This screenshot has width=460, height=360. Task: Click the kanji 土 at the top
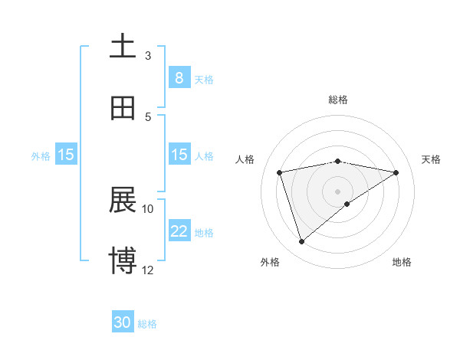coord(123,46)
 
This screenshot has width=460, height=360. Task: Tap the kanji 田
coord(123,108)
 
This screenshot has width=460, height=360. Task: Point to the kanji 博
coord(123,261)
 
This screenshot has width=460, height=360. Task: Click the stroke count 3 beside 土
coord(148,55)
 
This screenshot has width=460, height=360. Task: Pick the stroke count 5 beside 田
coord(148,116)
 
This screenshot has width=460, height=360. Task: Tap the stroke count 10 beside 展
coord(148,208)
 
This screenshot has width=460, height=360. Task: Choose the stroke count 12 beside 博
coord(148,270)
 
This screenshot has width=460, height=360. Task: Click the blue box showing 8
coord(179,78)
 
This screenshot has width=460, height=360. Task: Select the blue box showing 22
coord(179,231)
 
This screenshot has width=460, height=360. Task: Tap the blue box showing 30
coord(123,323)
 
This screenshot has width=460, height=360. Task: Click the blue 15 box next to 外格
coord(66,155)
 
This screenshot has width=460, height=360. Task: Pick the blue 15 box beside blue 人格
coord(179,155)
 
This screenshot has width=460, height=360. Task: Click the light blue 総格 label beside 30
coord(147,324)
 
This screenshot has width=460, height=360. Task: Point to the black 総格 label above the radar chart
coord(338,100)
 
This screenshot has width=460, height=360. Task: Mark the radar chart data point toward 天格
coord(396,172)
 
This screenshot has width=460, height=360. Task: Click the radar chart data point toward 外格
coord(301,242)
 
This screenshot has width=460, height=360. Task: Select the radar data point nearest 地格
coord(347,203)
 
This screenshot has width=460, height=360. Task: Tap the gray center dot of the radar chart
coord(338,191)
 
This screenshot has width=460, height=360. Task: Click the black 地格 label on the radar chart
coord(402,262)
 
